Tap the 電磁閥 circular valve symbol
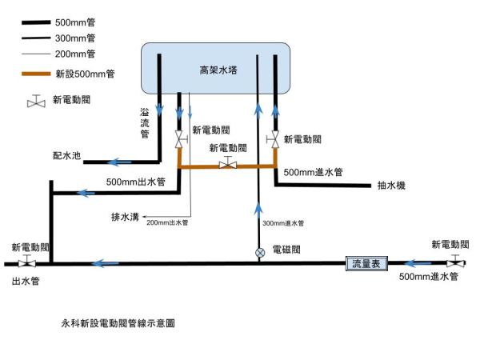[x=258, y=252]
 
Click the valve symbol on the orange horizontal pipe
[x=228, y=164]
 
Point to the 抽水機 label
[x=391, y=186]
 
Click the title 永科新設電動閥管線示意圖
[x=118, y=324]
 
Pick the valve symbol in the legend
[x=34, y=102]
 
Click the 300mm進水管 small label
[x=284, y=222]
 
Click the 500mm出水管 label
[x=135, y=182]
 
